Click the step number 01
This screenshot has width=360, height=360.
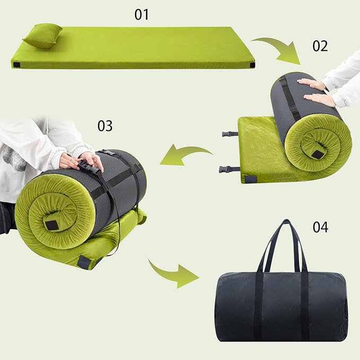pos(142,14)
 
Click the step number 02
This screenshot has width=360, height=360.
pos(320,46)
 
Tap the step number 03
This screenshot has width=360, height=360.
pos(105,126)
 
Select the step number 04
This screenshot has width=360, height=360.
pos(320,227)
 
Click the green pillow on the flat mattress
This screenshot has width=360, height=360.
pos(42,36)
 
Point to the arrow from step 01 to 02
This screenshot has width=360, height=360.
pos(276,48)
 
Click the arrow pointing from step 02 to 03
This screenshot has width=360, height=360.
pos(183,154)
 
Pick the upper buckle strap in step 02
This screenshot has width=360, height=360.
pos(230,134)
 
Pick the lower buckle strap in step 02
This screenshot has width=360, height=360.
pos(229,170)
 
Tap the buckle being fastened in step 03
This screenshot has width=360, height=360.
pos(87,167)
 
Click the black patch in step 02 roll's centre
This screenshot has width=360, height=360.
pos(318,154)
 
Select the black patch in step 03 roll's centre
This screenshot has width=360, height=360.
pos(51,224)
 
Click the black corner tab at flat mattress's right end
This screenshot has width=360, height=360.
pos(252,65)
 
